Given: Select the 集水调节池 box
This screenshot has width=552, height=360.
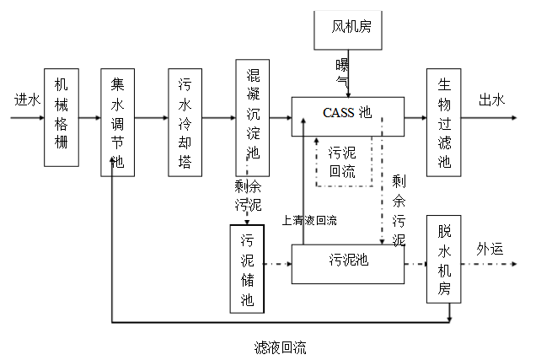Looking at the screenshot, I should (x=117, y=122).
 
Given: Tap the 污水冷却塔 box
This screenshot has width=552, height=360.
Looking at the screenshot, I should (x=185, y=122).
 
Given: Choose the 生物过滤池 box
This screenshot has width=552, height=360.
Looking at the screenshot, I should (x=444, y=122).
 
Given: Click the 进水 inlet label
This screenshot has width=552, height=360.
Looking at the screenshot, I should (x=25, y=99).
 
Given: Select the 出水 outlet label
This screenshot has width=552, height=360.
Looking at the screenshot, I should (x=491, y=100).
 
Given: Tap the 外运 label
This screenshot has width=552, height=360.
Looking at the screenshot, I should (x=490, y=249).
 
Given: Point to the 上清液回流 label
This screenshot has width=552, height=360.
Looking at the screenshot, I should (x=310, y=220).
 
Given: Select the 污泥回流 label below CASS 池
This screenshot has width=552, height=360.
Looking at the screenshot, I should (x=342, y=163).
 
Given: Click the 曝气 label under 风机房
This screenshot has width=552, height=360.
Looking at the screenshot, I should (x=342, y=73).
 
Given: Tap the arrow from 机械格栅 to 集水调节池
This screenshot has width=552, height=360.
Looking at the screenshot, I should (x=88, y=118).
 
